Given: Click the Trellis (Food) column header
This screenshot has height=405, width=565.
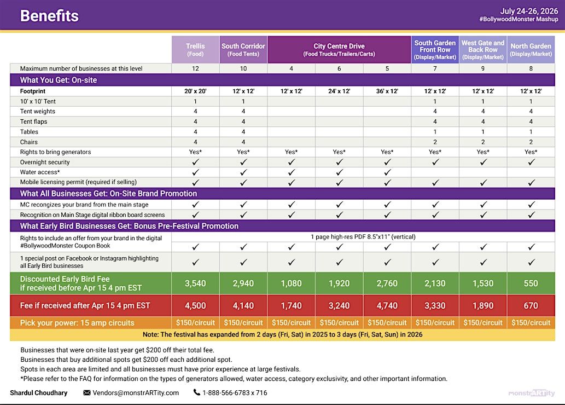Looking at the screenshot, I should pyautogui.click(x=195, y=50).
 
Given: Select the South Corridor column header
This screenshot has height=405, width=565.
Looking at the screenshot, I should pyautogui.click(x=243, y=50).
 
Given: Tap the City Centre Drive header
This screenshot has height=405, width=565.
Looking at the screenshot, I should pyautogui.click(x=339, y=50).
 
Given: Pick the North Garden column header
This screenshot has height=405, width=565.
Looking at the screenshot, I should pyautogui.click(x=531, y=50).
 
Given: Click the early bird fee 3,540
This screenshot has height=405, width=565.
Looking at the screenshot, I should pyautogui.click(x=195, y=283).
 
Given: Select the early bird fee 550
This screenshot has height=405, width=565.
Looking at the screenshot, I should pyautogui.click(x=531, y=283).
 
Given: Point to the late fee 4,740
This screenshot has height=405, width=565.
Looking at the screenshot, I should pyautogui.click(x=387, y=306).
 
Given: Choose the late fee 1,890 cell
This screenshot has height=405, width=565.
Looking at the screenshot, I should pyautogui.click(x=483, y=306).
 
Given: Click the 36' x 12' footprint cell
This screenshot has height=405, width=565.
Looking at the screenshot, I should pyautogui.click(x=387, y=91).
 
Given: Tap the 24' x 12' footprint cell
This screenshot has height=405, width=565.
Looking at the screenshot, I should pyautogui.click(x=339, y=91).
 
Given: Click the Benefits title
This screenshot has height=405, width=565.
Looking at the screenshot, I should pyautogui.click(x=49, y=16).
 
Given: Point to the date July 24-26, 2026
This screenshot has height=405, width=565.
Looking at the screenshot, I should pyautogui.click(x=529, y=11).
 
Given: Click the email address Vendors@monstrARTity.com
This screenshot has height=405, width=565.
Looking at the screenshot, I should pyautogui.click(x=136, y=393).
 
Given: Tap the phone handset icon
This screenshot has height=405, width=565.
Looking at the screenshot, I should pyautogui.click(x=197, y=392).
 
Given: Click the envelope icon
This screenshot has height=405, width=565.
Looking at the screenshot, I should pyautogui.click(x=87, y=393).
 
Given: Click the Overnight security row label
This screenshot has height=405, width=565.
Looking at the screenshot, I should pyautogui.click(x=45, y=162).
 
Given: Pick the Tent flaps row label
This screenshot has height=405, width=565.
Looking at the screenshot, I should pyautogui.click(x=33, y=121).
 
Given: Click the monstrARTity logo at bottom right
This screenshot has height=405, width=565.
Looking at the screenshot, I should pyautogui.click(x=532, y=393).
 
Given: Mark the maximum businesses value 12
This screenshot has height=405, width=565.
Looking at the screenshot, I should pyautogui.click(x=195, y=69).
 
